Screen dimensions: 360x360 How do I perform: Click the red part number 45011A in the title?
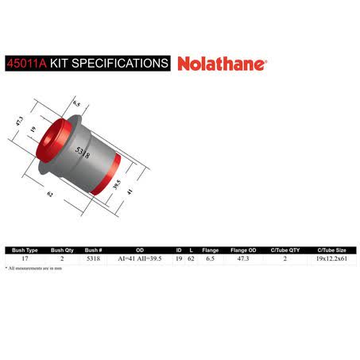point(27,64)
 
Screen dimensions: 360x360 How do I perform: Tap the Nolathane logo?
point(223,64)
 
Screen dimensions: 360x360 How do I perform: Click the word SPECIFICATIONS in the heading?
point(120,64)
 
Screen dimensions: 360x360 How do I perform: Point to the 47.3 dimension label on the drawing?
point(19,122)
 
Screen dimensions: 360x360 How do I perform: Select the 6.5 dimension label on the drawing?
point(76,103)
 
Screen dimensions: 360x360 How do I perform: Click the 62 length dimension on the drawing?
point(50,194)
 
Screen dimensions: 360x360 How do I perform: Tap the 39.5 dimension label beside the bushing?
point(117,184)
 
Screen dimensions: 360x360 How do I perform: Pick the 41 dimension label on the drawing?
point(130,191)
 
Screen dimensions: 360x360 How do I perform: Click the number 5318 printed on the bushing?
point(83,153)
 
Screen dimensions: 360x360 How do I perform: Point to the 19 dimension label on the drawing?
point(33,130)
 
